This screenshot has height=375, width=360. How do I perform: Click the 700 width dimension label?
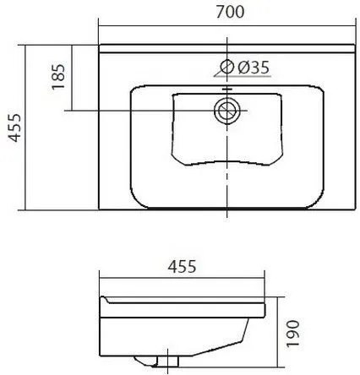pos(230,12)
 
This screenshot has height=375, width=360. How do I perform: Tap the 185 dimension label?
pos(58,77)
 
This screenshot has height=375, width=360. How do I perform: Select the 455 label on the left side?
pos(14,128)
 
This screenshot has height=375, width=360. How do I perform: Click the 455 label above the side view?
pos(182,266)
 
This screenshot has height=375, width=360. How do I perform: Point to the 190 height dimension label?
pos(292,334)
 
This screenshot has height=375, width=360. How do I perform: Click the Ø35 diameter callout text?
pos(254,68)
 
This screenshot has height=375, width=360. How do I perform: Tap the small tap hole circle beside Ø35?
pos(227,67)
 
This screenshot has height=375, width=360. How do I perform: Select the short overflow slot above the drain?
pos(227,90)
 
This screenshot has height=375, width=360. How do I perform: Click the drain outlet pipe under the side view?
pos(168,361)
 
